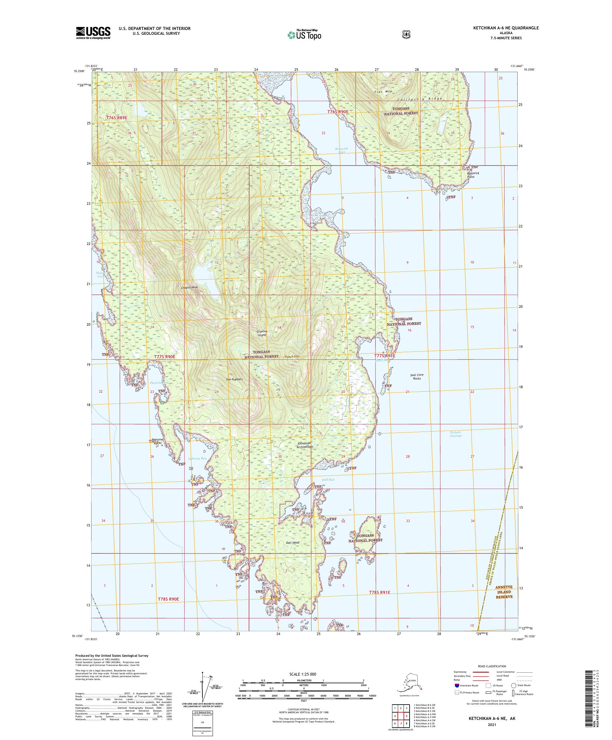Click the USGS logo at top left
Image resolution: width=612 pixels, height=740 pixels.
pos(93,33)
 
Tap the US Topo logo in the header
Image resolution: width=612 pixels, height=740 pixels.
pos(304,34)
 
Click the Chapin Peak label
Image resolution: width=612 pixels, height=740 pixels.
pos(189,287)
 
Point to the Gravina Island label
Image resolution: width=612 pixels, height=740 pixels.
pos(262,333)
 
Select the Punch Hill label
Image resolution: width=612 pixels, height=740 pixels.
pos(292,357)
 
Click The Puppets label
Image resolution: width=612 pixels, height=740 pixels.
pos(234,379)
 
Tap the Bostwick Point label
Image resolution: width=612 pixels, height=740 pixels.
pos(473,175)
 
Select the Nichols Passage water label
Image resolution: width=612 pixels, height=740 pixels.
pos(455,434)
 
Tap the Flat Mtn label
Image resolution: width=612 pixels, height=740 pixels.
pos(383,91)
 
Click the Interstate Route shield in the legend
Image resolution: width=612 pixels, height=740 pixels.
pos(457,696)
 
